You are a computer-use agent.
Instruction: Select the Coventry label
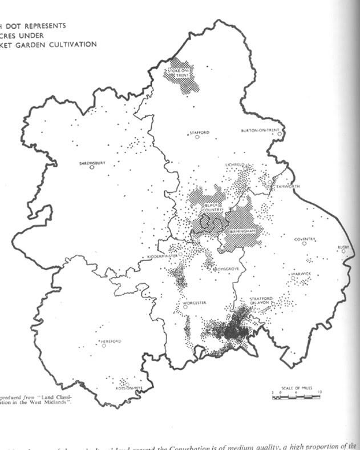pos(305,238)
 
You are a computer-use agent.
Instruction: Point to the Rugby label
pos(343,247)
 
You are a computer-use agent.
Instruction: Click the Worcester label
pos(195,302)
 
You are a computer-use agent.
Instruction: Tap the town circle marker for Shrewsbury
pos(91,168)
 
